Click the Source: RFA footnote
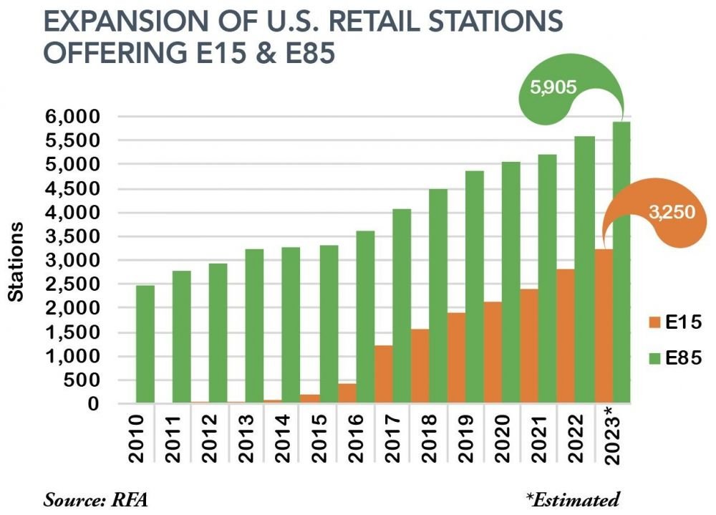[x=87, y=499]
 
